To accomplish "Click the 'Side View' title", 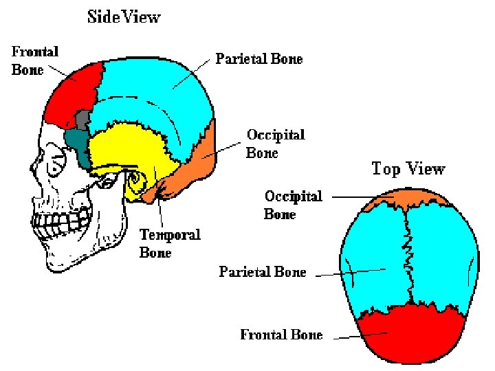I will point(124,16).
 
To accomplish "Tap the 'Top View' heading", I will point(408,168).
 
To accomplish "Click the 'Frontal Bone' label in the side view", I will point(35,60).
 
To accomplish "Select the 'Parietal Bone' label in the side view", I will point(259,58).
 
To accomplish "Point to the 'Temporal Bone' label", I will point(170,243).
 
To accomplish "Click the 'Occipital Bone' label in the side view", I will point(275,143).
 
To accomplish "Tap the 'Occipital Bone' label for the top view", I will point(294,205).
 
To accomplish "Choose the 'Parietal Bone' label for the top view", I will point(263,272).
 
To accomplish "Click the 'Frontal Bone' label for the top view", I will point(281,335).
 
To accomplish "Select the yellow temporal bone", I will point(131,151).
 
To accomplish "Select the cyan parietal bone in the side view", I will point(158,82).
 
